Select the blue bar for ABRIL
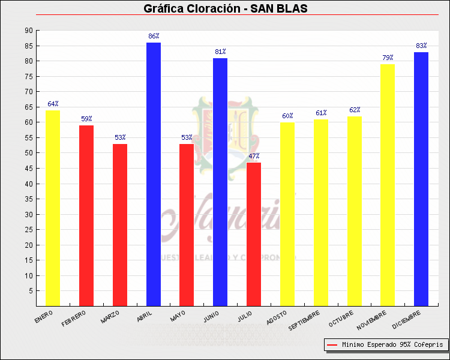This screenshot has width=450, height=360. point(153,174)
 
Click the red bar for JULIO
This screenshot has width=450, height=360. point(254,234)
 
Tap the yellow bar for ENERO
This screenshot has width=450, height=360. point(53,208)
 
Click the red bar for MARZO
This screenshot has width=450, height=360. point(120,225)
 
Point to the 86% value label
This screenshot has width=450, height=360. point(154,37)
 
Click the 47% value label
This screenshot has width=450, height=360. point(254,157)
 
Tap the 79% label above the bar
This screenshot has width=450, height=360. point(388,58)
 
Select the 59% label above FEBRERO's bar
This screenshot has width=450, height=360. point(86,119)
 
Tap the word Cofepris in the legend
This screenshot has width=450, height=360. point(428,345)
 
